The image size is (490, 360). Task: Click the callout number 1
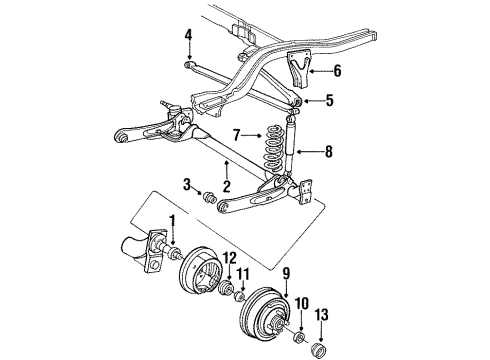click(171, 248)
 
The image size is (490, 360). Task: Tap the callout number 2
click(227, 186)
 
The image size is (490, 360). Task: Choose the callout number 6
click(338, 71)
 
